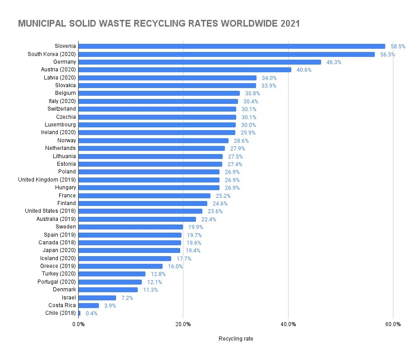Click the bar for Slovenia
(x=232, y=46)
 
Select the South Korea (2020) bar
(x=226, y=54)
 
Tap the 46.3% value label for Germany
(x=334, y=62)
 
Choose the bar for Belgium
(x=159, y=93)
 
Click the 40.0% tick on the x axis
(x=288, y=324)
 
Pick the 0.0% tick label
(x=79, y=324)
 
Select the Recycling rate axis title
(x=236, y=339)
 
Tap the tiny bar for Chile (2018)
(x=79, y=313)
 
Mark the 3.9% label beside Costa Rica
(x=110, y=305)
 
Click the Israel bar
(x=97, y=298)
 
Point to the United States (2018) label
(x=51, y=211)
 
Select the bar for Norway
(x=154, y=140)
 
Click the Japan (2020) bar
(x=129, y=250)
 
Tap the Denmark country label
(x=65, y=290)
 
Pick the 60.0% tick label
(x=393, y=324)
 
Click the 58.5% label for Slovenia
(x=398, y=46)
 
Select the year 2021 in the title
(x=290, y=23)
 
